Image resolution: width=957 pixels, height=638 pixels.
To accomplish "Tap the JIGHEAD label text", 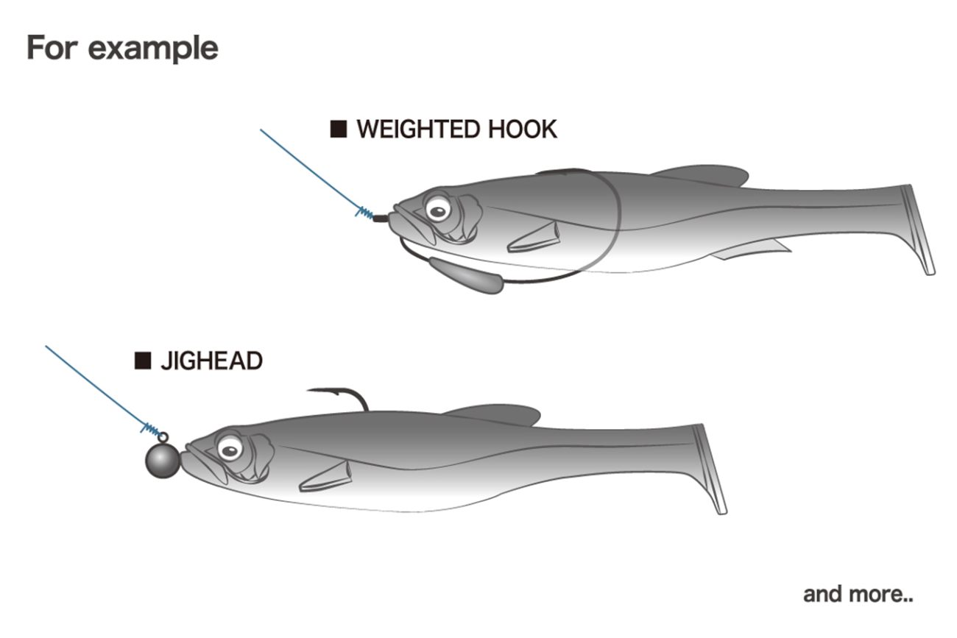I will pos(211,361).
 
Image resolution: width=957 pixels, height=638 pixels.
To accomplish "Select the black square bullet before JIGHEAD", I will pos(143,361).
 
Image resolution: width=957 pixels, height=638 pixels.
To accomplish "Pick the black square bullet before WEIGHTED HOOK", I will pos(339,130).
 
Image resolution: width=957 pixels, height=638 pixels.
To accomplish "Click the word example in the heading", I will pos(152,48).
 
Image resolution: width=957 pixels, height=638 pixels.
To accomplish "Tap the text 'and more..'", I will pos(858,594).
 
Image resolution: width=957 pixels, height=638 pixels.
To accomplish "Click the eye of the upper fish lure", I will pos(437,210).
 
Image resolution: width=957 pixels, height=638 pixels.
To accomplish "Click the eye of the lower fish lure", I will pos(230,446).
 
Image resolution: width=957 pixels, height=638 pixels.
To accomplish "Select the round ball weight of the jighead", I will pos(162,461).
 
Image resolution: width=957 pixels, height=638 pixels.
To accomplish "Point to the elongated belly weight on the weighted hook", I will pos(466,276).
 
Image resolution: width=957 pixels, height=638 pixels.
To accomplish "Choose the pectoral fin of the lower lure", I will pos(326,477).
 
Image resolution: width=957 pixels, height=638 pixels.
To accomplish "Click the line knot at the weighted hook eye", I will pos(365,213).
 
